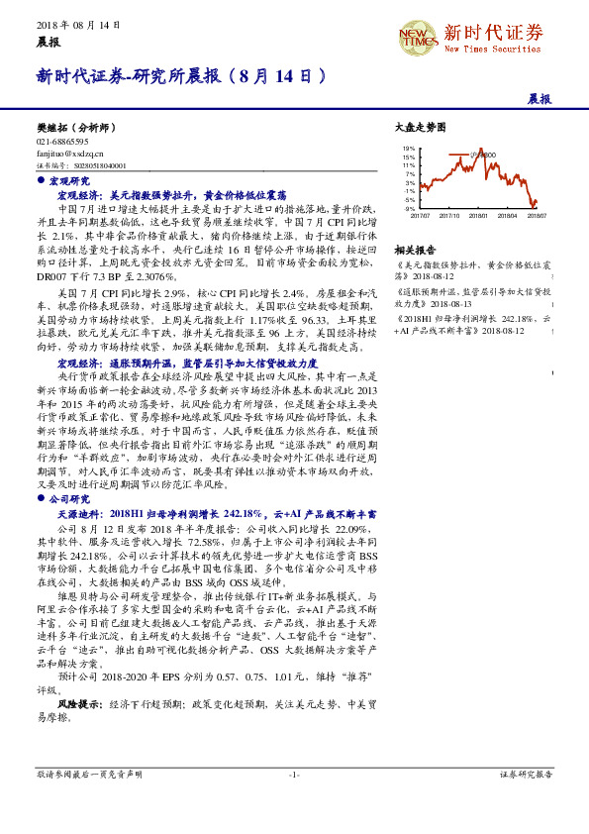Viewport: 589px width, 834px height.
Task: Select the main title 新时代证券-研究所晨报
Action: coord(182,75)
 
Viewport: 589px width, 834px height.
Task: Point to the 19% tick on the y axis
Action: coord(409,149)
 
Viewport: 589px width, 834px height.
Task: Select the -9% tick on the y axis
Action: coord(409,209)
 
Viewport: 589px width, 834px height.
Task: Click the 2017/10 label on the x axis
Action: coord(449,214)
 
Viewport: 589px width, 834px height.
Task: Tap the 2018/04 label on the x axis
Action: coord(509,214)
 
